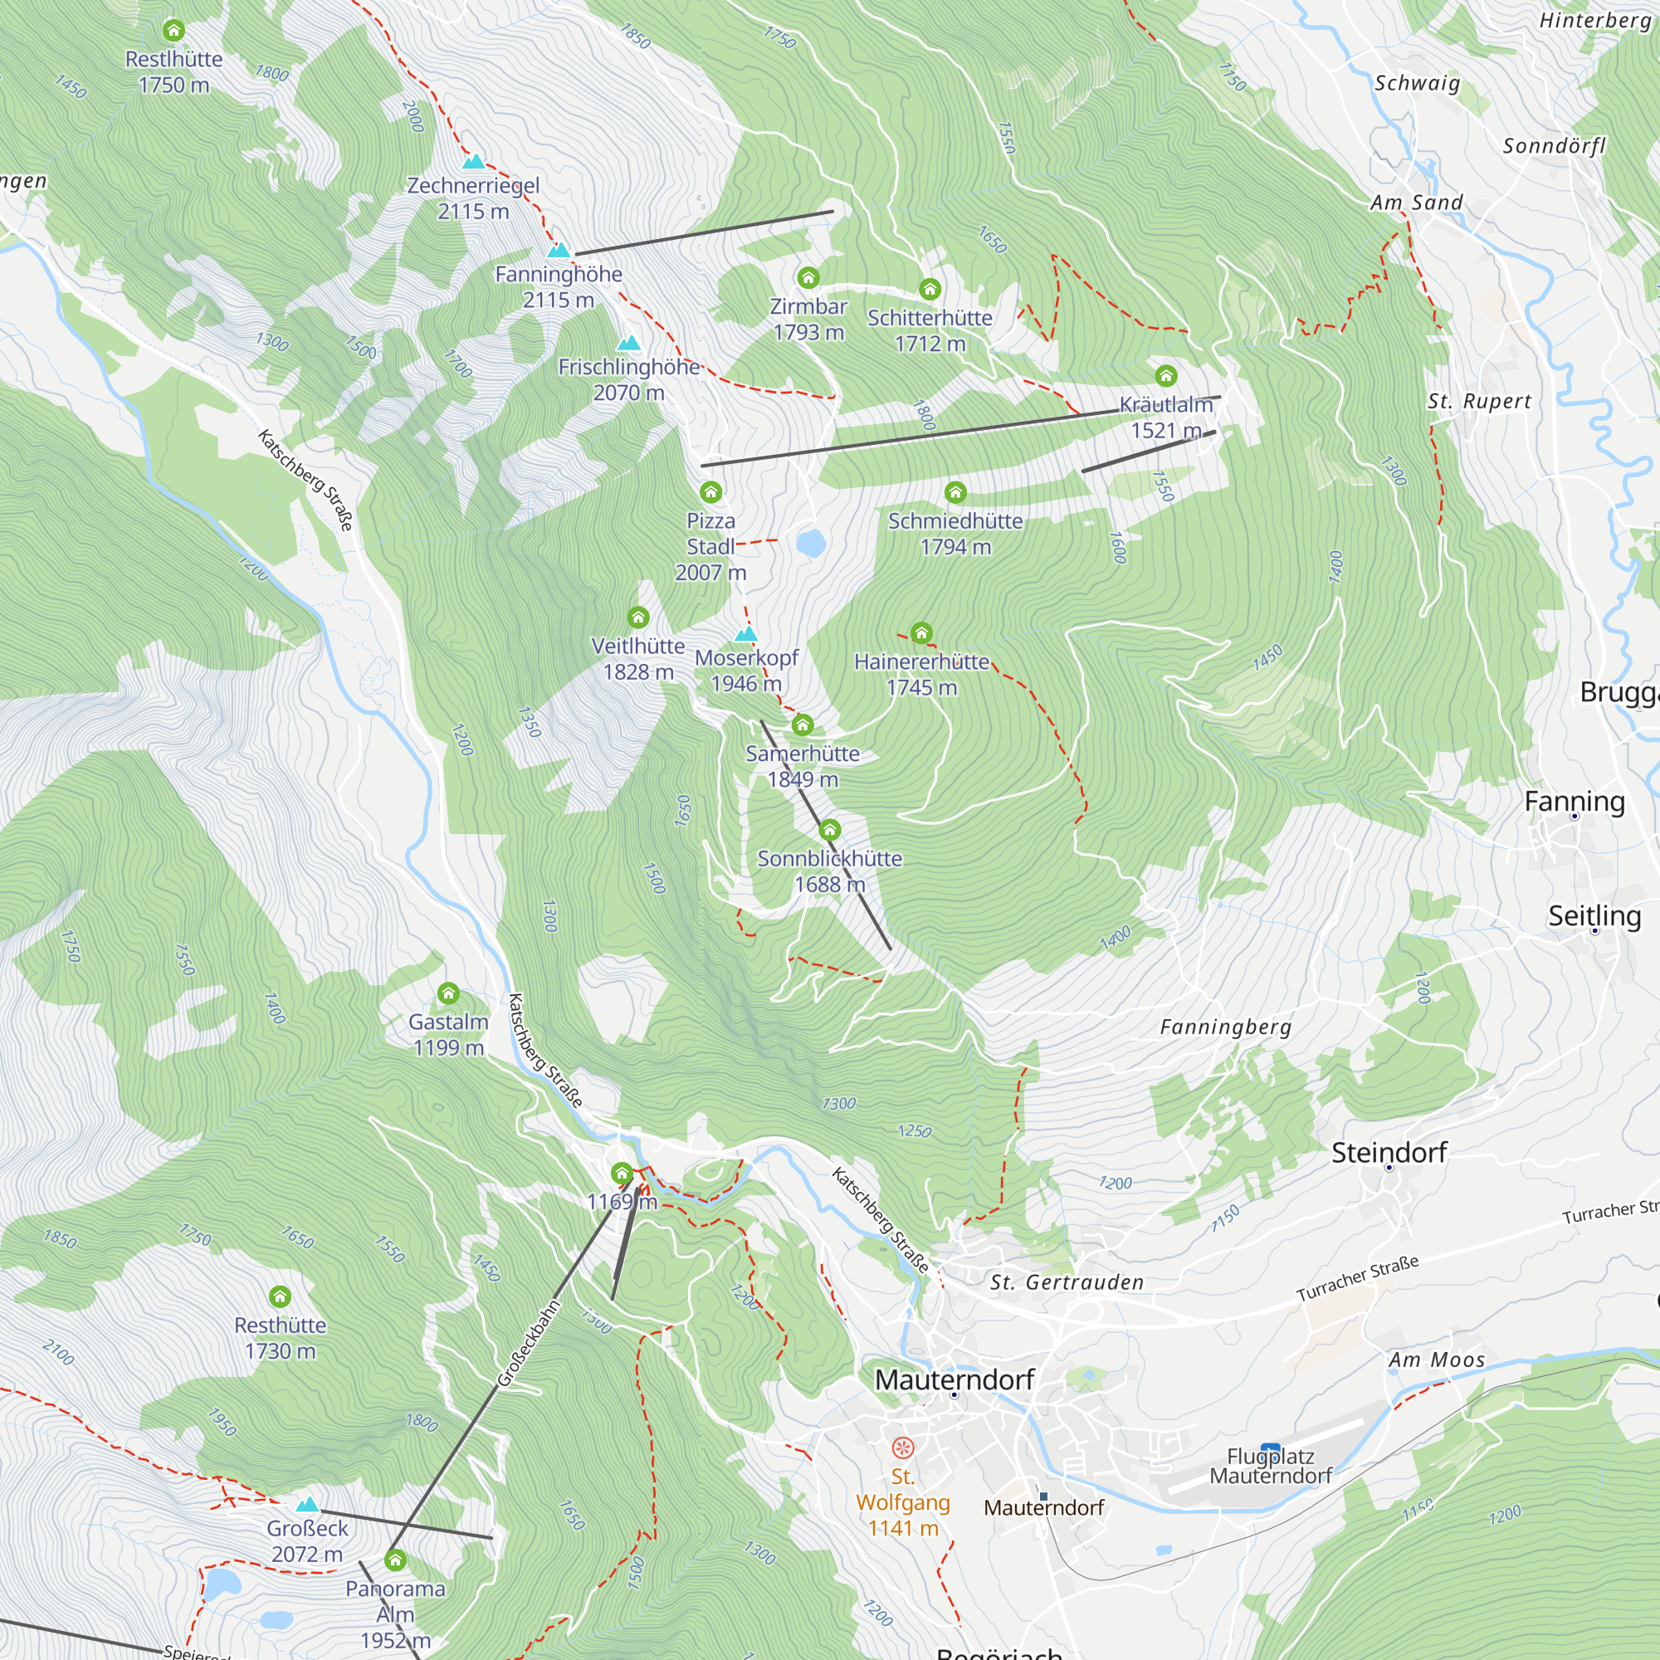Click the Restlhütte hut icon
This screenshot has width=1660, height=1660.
click(173, 31)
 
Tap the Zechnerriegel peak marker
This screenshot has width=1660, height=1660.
click(473, 162)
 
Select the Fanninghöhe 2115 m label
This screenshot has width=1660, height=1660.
click(559, 286)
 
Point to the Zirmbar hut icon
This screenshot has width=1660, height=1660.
click(808, 277)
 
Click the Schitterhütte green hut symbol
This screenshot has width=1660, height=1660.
click(930, 289)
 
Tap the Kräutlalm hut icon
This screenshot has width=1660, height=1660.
click(1165, 375)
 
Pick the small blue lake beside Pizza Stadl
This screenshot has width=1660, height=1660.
click(810, 543)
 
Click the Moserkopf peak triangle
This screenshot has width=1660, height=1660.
click(746, 634)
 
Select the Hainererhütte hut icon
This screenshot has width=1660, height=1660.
click(921, 633)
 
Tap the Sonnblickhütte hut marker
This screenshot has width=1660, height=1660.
click(829, 830)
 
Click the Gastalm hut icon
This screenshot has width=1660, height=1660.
click(447, 994)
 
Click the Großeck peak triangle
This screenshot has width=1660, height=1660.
click(307, 1505)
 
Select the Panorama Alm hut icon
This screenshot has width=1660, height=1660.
click(394, 1560)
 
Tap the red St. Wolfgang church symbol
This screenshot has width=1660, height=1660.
click(902, 1448)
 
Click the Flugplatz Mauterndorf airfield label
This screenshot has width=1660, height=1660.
click(1270, 1466)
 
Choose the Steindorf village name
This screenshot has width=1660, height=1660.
click(1389, 1152)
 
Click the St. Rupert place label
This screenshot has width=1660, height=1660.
click(1479, 401)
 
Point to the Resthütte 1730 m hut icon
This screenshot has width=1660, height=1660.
click(280, 1296)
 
